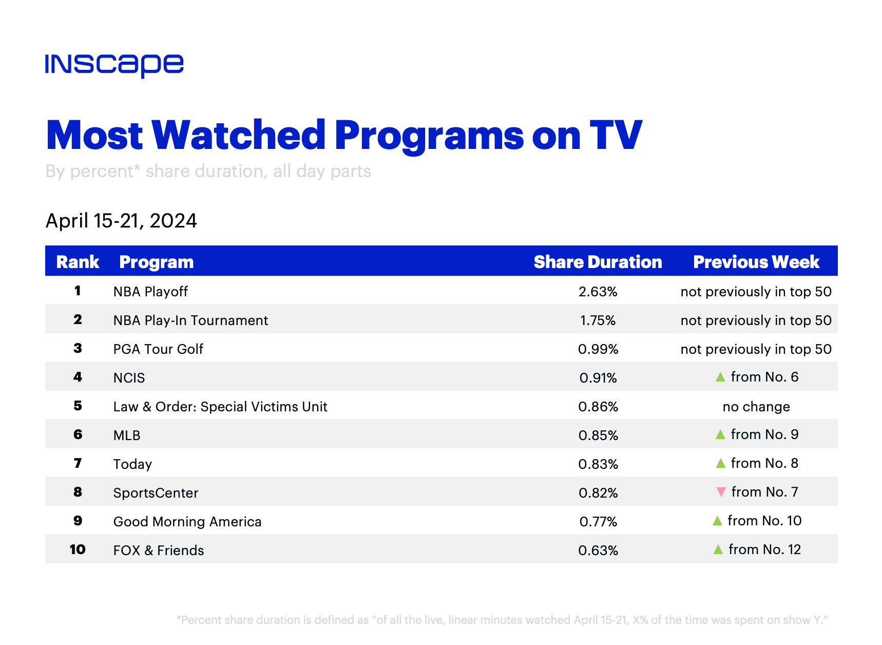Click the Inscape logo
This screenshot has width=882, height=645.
pos(114,65)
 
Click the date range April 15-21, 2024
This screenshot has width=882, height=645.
pos(121,221)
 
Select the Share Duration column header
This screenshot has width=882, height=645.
pos(598,262)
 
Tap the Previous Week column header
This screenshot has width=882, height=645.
pos(756,262)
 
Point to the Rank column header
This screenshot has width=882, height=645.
pos(78,262)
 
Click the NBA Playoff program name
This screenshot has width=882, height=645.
pos(150,292)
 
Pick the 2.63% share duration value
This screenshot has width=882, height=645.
pos(598,292)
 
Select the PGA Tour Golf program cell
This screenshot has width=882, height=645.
pos(158,349)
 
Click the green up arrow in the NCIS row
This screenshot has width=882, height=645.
pos(720,377)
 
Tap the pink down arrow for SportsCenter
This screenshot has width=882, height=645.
pos(721,492)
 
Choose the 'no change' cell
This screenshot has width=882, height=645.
pos(756,407)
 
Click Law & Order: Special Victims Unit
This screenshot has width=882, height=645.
pos(220,407)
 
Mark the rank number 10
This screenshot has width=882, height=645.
pos(78,549)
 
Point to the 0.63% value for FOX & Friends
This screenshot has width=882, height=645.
pos(598,551)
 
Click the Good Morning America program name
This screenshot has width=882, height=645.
pos(187,522)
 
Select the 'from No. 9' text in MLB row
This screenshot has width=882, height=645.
pos(764,434)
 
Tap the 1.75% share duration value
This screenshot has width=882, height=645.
pos(598,320)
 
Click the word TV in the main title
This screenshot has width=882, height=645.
pos(616,135)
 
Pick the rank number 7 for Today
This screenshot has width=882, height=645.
pos(78,463)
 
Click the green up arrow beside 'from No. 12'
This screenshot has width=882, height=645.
pos(718,549)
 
